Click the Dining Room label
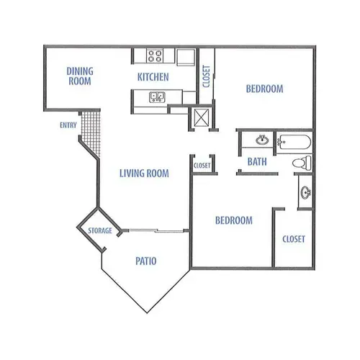click(x=80, y=76)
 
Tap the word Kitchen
click(x=153, y=77)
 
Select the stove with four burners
click(x=155, y=55)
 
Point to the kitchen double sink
click(x=157, y=97)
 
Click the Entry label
click(x=68, y=125)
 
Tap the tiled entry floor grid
click(x=91, y=132)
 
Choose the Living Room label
click(x=144, y=174)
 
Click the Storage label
click(x=100, y=230)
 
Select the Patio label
click(x=146, y=261)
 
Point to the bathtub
click(x=294, y=142)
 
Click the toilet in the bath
click(x=302, y=163)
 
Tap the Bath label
click(x=257, y=162)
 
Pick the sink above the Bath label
click(x=262, y=140)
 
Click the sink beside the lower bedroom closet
click(x=306, y=192)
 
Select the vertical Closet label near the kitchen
click(x=207, y=76)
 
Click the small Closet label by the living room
click(x=202, y=166)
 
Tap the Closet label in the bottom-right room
click(x=294, y=239)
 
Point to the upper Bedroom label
click(x=265, y=89)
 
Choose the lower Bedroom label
click(x=234, y=220)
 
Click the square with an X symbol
click(x=202, y=117)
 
